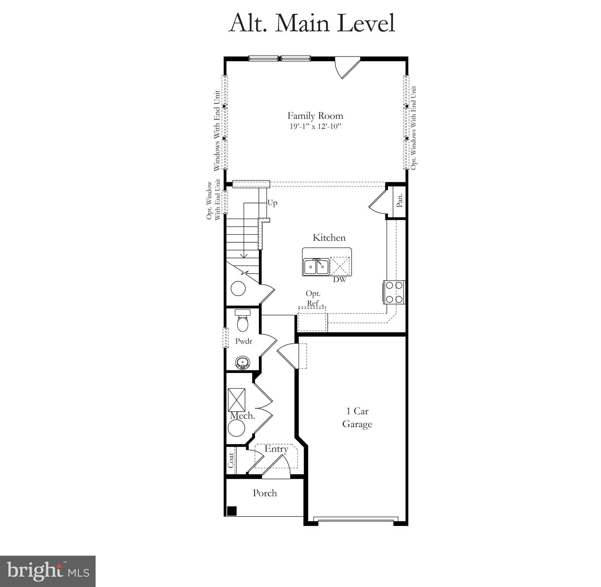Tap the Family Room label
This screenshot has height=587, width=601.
coord(315,116)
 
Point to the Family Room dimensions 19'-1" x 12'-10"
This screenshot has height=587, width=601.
coord(315,126)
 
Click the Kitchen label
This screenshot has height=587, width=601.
coord(329,238)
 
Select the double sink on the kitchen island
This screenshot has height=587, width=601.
coord(316,267)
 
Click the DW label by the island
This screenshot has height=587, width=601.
coord(339,279)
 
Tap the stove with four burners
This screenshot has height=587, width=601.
coord(394,292)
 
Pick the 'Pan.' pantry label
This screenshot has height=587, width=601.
coord(400,200)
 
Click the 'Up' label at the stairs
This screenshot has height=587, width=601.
coord(272,203)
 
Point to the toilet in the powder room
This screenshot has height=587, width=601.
coord(242,321)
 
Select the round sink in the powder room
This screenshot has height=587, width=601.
coord(242,362)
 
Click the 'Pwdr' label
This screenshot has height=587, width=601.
coord(244,341)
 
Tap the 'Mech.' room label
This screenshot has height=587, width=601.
coord(242,416)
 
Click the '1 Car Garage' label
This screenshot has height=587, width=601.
coord(357,417)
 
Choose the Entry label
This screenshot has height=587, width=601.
coord(276,449)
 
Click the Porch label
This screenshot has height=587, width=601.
coord(265,493)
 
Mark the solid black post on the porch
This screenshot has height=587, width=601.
coord(232,511)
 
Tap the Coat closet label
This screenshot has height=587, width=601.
coord(231,461)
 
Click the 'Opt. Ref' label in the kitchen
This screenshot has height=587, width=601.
coord(313,298)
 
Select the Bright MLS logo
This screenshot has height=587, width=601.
coord(48,571)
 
